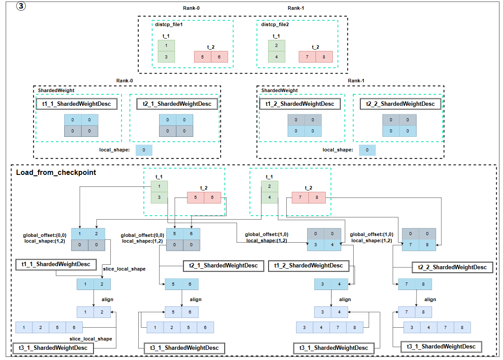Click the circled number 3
[x=20, y=7]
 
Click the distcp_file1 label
[x=169, y=25]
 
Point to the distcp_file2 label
[x=275, y=25]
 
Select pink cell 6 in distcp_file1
[x=219, y=57]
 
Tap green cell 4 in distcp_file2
[x=277, y=57]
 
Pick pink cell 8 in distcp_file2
[x=324, y=57]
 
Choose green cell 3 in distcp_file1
[x=167, y=57]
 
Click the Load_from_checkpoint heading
[x=56, y=172]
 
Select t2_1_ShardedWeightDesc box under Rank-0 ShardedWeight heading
[x=174, y=104]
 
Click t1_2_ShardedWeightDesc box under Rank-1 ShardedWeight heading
[x=300, y=104]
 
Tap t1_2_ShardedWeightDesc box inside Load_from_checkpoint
[x=309, y=266]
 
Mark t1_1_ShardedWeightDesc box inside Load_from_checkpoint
[x=56, y=264]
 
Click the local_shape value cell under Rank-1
[x=367, y=150]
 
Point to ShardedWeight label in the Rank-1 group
[x=280, y=90]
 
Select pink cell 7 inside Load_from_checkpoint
[x=300, y=197]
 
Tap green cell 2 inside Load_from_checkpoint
[x=269, y=186]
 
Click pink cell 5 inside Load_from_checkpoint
[x=196, y=197]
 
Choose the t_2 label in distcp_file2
[x=315, y=47]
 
